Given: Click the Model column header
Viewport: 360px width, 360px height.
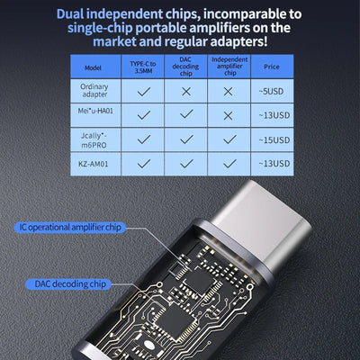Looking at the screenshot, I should (x=93, y=67).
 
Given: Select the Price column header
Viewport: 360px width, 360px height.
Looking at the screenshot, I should (x=271, y=67).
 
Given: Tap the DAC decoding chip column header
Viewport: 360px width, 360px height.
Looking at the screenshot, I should (x=185, y=67).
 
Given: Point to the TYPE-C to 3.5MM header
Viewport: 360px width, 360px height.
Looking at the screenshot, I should (x=143, y=67).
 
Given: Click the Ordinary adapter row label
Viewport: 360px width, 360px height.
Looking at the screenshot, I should (x=93, y=92).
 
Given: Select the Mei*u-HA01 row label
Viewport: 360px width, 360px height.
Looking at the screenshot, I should (x=93, y=116).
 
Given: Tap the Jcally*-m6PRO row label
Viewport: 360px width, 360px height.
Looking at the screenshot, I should (x=93, y=139).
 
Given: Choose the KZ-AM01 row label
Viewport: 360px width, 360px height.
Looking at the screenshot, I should (x=93, y=164).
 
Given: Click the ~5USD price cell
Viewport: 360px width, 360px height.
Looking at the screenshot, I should (x=271, y=92).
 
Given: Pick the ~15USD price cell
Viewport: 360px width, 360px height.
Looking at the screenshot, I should (x=271, y=139).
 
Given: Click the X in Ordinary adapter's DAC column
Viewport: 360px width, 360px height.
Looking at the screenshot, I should (x=185, y=92).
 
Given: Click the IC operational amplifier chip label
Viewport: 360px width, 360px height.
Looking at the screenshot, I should (x=69, y=228).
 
